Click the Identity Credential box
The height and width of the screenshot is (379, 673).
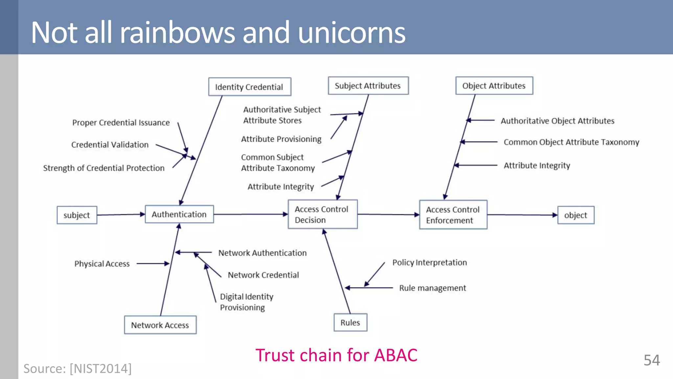coord(249,87)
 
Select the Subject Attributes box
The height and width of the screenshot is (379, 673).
coord(368,86)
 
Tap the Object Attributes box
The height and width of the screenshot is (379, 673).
coord(494,86)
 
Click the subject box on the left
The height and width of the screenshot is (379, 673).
coord(77,215)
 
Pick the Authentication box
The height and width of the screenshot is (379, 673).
coord(179,215)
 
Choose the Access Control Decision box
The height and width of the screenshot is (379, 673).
coord(322,215)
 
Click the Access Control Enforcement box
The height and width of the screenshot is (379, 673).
coord(453,215)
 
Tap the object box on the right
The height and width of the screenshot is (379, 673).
coord(576,215)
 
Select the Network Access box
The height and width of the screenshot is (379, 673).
coord(160,325)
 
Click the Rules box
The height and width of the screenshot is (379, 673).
coord(350,322)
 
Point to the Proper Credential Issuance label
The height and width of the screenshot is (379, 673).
coord(121,123)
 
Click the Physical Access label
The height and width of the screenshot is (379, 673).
coord(102,264)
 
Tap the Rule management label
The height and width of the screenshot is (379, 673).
coord(432,288)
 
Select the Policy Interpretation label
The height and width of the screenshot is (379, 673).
coord(429,263)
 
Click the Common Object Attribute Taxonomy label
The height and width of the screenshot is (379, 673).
coord(571,142)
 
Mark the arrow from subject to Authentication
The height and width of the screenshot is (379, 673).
coord(121,215)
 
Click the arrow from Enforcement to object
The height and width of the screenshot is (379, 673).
coord(522,215)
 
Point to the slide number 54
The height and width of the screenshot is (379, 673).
coord(651,360)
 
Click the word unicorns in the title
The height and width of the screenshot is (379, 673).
coord(352,33)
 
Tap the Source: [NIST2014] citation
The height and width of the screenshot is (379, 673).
coord(78,368)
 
